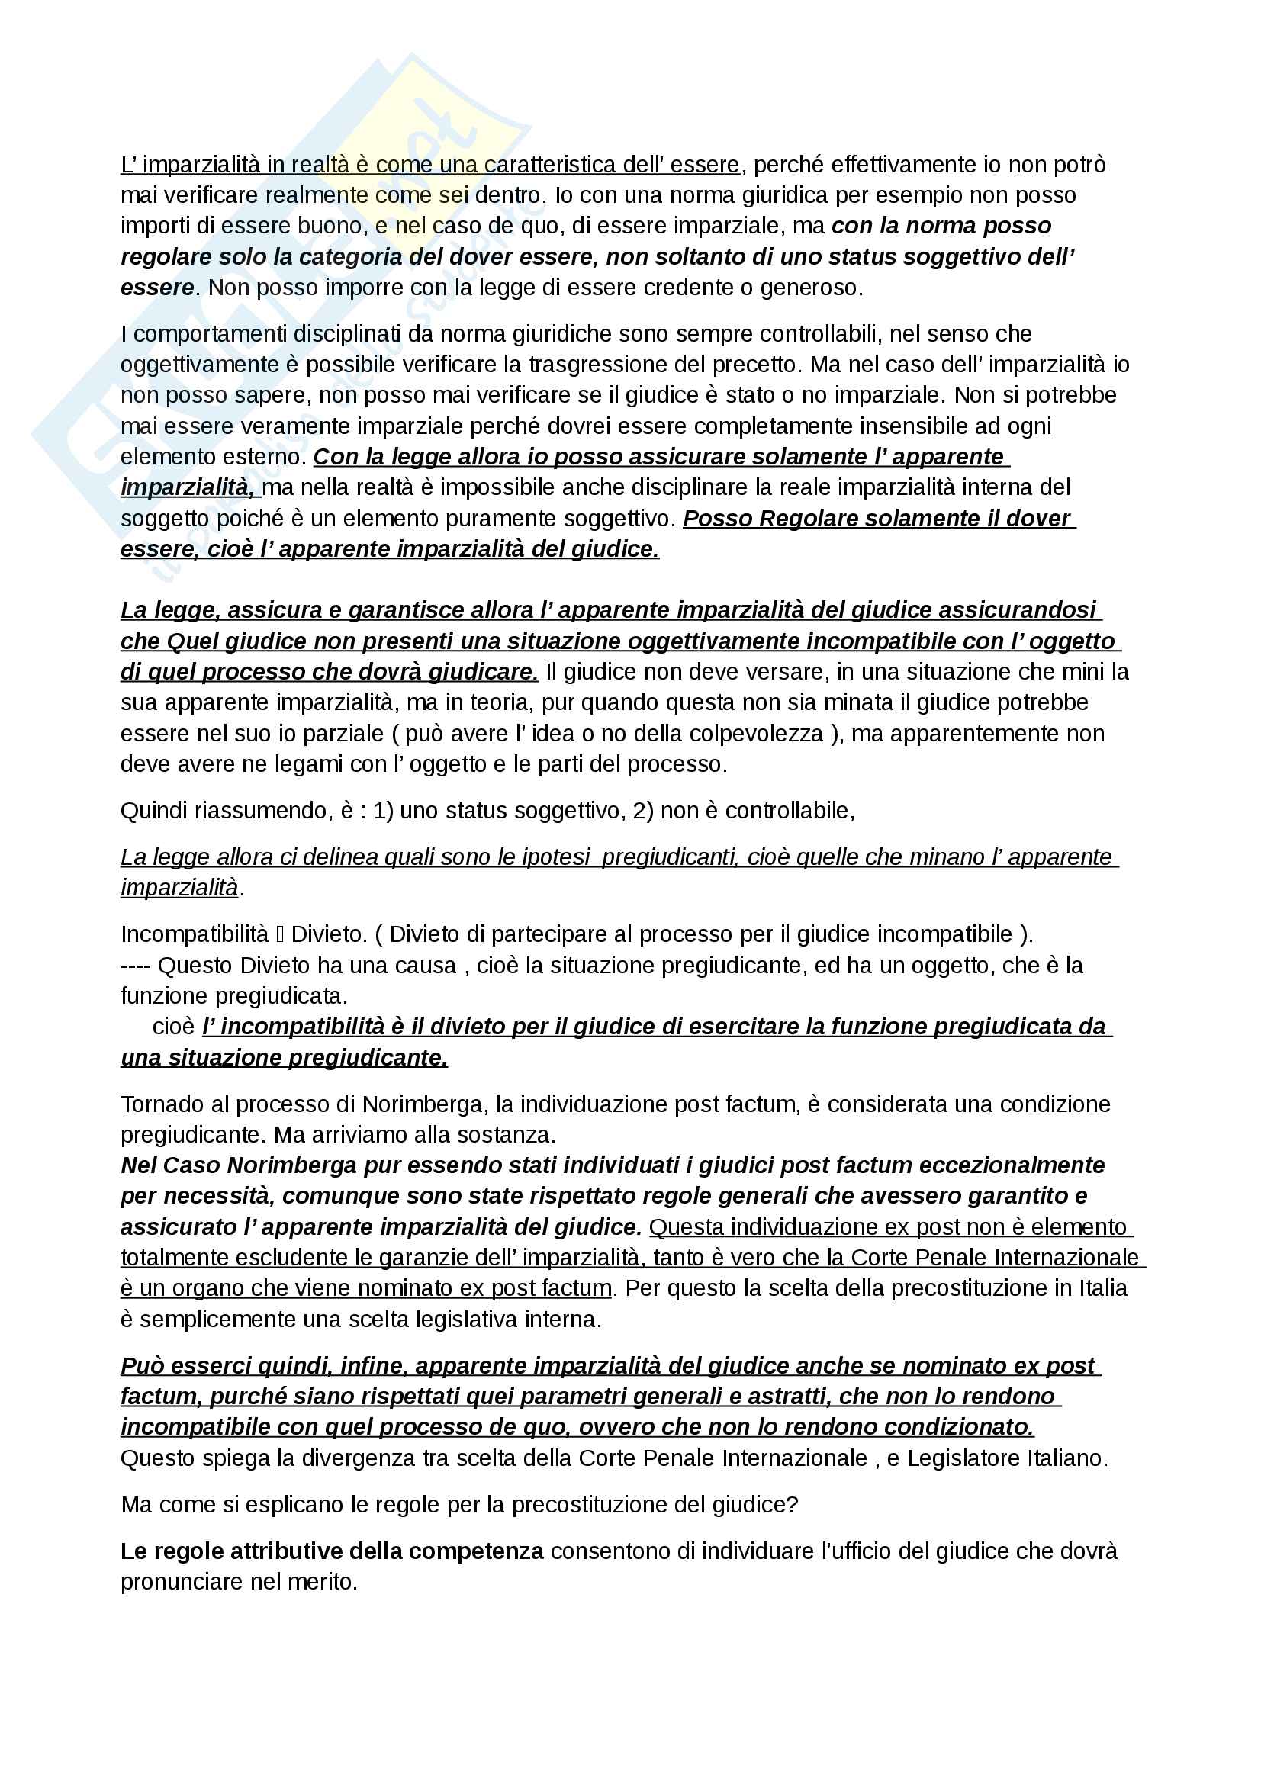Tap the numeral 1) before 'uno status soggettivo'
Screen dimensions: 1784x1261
tap(383, 811)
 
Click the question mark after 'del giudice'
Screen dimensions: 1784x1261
tap(793, 1504)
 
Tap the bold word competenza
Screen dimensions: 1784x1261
tap(476, 1551)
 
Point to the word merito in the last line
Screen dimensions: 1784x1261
tap(322, 1581)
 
